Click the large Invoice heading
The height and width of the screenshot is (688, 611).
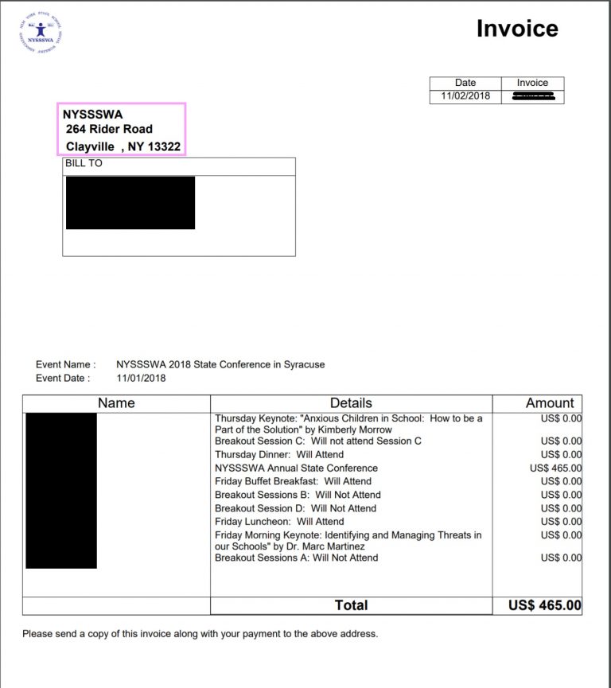point(517,29)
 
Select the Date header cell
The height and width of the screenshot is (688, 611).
point(465,83)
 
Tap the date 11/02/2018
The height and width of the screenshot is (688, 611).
point(465,96)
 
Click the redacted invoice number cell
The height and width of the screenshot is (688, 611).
point(532,96)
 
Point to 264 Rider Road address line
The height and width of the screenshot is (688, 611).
point(109,129)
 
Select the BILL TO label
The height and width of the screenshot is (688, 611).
point(84,164)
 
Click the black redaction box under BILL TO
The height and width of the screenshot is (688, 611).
point(130,203)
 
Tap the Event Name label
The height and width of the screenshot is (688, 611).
point(65,364)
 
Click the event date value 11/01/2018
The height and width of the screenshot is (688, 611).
point(141,378)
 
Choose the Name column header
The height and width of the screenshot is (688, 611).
point(116,403)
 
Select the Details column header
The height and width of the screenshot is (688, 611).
point(351,403)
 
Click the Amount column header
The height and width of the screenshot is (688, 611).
point(549,403)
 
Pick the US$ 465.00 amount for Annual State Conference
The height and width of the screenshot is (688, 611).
point(555,468)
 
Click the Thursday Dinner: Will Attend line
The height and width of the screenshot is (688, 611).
point(279,454)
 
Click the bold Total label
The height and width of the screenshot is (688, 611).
point(351,605)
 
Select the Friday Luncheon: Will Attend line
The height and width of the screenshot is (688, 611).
point(279,522)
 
